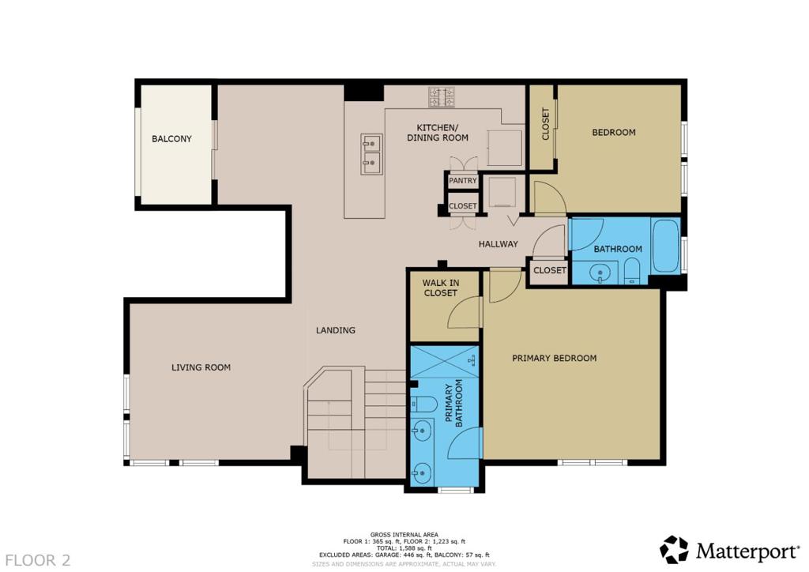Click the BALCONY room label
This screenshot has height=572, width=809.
click(171, 139)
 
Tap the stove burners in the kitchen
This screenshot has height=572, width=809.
click(442, 97)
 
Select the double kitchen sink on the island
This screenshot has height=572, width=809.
click(371, 154)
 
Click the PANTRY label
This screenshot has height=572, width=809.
click(463, 180)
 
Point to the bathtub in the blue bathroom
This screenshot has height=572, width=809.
click(665, 246)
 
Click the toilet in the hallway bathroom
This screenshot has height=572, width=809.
click(631, 271)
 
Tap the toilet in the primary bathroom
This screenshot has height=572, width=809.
click(423, 403)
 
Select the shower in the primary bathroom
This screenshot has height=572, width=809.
click(444, 363)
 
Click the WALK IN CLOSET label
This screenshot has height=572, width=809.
click(441, 288)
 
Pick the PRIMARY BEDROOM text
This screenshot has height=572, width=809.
click(554, 358)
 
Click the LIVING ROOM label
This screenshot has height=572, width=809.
click(201, 367)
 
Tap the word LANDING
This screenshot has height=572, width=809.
click(335, 330)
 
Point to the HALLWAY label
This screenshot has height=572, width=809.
click(498, 244)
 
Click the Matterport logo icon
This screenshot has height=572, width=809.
click(675, 550)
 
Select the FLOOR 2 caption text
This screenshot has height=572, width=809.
click(38, 560)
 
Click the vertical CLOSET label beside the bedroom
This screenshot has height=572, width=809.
click(545, 124)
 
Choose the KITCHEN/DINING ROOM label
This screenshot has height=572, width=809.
click(438, 133)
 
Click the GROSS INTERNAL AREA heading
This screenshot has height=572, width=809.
click(404, 535)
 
